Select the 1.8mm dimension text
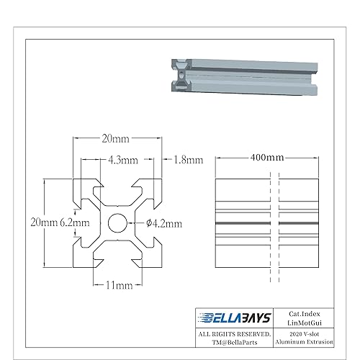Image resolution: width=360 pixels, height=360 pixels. (189, 160)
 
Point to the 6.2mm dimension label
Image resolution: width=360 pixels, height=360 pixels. (74, 222)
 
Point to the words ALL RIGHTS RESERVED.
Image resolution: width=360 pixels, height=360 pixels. (234, 335)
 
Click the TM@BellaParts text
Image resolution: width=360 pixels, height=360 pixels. (234, 344)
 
